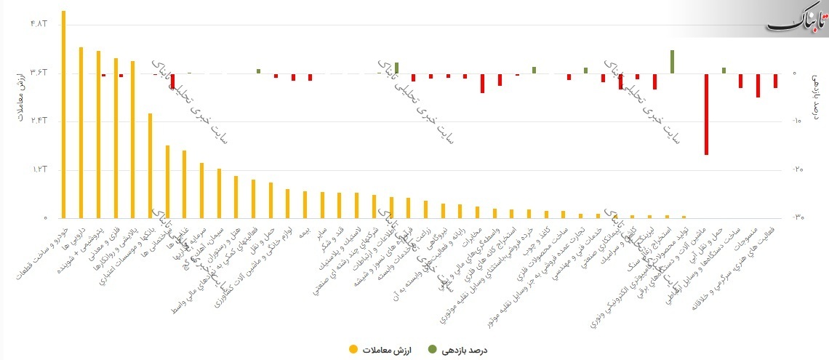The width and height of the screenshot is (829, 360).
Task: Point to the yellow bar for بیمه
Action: (304, 204)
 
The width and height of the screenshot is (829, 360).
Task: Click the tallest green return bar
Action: (672, 62)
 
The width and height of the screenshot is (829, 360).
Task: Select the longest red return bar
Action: (706, 114)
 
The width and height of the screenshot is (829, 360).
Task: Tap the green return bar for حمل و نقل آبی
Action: (724, 71)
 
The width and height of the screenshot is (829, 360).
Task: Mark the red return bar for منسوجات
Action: (758, 85)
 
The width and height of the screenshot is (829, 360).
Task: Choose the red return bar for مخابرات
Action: (482, 83)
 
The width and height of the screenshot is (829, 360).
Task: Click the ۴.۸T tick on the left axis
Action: (39, 24)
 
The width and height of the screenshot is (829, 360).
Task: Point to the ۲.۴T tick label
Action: (39, 121)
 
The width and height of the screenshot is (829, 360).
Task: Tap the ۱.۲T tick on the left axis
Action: (39, 169)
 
